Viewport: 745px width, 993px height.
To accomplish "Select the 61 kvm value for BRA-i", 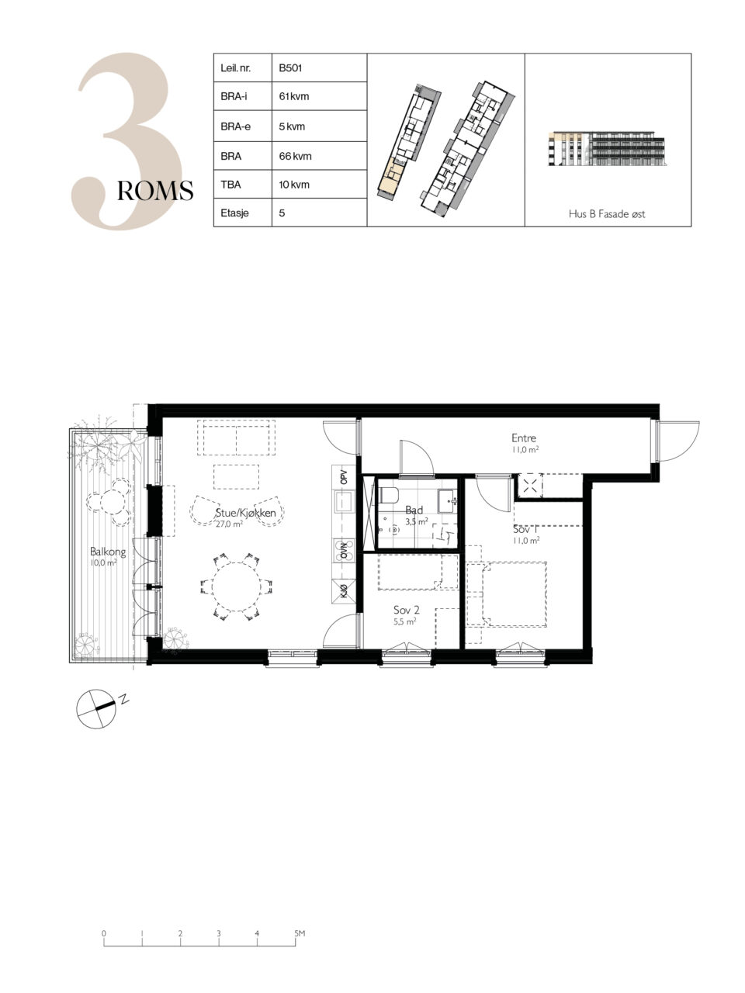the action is [294, 96].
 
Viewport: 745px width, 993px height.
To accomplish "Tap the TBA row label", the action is [230, 185].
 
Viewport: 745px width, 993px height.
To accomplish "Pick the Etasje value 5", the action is [282, 213].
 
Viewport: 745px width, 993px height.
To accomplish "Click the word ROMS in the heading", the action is [155, 191].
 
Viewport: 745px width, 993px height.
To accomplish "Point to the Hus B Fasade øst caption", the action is [607, 214].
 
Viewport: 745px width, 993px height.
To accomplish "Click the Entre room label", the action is [524, 438].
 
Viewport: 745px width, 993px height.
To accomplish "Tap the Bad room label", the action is [414, 510].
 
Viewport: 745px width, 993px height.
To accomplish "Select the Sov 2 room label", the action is [406, 610].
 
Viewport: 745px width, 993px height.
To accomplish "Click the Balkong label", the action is [108, 552].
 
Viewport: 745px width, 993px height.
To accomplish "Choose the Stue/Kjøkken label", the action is [246, 513].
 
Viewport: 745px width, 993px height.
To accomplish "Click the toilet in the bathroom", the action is [388, 495].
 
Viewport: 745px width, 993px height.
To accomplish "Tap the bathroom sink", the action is [447, 500].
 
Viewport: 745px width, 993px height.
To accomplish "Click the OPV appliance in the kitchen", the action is [344, 477].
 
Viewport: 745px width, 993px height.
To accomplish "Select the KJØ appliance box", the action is [344, 592].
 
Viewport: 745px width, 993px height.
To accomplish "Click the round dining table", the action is [236, 586].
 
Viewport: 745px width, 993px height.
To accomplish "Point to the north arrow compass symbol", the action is [96, 709].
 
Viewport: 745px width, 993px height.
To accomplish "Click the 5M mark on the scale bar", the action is [300, 932].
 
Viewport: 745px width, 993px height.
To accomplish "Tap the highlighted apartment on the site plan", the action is [389, 178].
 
